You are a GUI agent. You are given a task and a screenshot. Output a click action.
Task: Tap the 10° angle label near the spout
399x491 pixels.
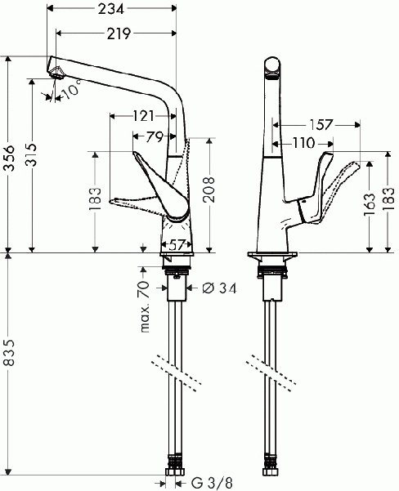click(x=71, y=91)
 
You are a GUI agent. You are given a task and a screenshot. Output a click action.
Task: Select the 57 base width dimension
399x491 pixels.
click(x=177, y=243)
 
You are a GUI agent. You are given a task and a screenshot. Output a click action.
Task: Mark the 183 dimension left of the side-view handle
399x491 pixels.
click(x=96, y=199)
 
